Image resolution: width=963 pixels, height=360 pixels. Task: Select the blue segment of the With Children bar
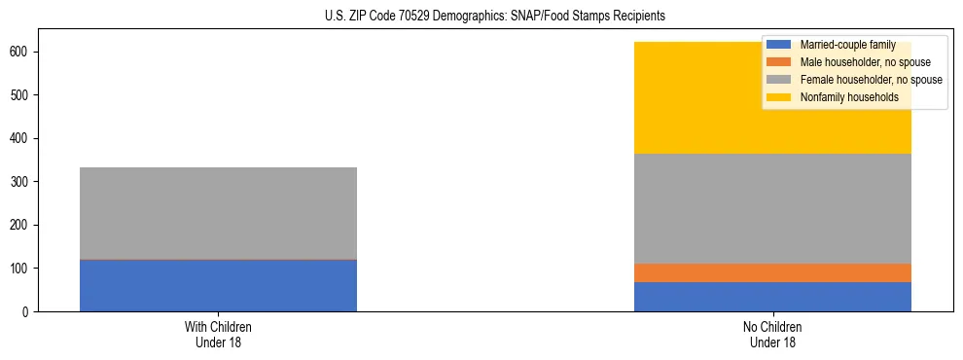point(218,286)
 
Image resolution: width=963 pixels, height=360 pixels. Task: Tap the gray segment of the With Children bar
point(218,213)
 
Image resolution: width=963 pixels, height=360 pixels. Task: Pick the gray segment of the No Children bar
point(772,208)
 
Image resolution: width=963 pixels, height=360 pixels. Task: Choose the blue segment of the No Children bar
point(772,297)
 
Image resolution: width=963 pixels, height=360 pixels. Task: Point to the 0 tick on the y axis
point(28,312)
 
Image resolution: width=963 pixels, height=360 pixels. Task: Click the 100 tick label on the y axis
point(22,269)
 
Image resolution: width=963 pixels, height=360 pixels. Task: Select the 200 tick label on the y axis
point(22,225)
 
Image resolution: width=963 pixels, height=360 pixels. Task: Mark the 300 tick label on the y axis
point(22,182)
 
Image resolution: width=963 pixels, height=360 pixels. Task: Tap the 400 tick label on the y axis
point(22,138)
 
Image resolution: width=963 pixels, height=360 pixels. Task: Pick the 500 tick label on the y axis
point(22,95)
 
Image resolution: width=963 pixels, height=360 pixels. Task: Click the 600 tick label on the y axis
point(22,52)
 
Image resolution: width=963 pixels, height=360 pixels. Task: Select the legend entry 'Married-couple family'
point(847,45)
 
